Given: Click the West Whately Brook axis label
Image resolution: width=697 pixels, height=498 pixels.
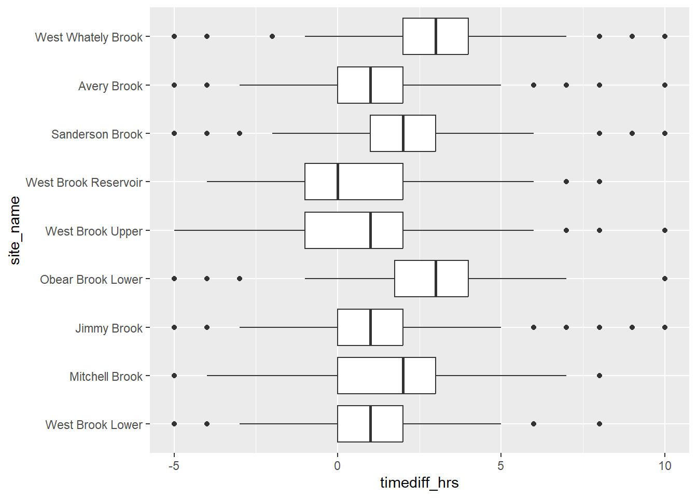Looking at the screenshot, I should [89, 37].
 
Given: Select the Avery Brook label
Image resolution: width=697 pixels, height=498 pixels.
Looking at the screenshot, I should [110, 86].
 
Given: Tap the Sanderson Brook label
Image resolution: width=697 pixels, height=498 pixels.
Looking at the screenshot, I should [96, 134].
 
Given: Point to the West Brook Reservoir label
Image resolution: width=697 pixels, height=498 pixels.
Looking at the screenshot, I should [84, 183].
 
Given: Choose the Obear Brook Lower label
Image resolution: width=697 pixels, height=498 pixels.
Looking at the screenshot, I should [91, 280].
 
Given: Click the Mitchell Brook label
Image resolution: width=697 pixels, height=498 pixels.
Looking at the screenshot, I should [106, 377].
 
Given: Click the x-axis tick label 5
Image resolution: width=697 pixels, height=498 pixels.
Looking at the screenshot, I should [500, 466].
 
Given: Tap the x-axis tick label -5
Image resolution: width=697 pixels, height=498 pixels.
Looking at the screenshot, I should [174, 466].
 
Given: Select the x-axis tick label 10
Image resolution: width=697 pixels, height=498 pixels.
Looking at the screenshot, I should [664, 466].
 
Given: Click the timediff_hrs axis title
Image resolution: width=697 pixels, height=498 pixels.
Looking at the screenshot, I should [419, 483].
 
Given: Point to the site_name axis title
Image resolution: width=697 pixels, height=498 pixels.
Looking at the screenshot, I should [15, 230].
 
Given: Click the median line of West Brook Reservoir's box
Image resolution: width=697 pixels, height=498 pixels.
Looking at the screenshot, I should [338, 182].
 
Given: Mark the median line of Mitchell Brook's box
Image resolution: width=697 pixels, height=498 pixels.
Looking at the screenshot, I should [403, 376].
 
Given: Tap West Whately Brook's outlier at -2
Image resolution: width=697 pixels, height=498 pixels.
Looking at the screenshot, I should [272, 36].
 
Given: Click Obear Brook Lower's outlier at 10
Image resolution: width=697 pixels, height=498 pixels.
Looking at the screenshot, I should [665, 279].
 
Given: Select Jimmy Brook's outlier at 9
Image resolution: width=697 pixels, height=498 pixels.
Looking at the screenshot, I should [632, 327].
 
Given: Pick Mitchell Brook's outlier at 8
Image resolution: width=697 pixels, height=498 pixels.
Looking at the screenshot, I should [600, 376].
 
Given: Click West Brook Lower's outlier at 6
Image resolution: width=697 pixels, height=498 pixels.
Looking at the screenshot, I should [534, 424].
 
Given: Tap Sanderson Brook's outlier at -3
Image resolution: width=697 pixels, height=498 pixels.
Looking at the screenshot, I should [240, 133].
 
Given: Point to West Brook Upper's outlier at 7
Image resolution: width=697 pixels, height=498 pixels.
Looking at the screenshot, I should [566, 230].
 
